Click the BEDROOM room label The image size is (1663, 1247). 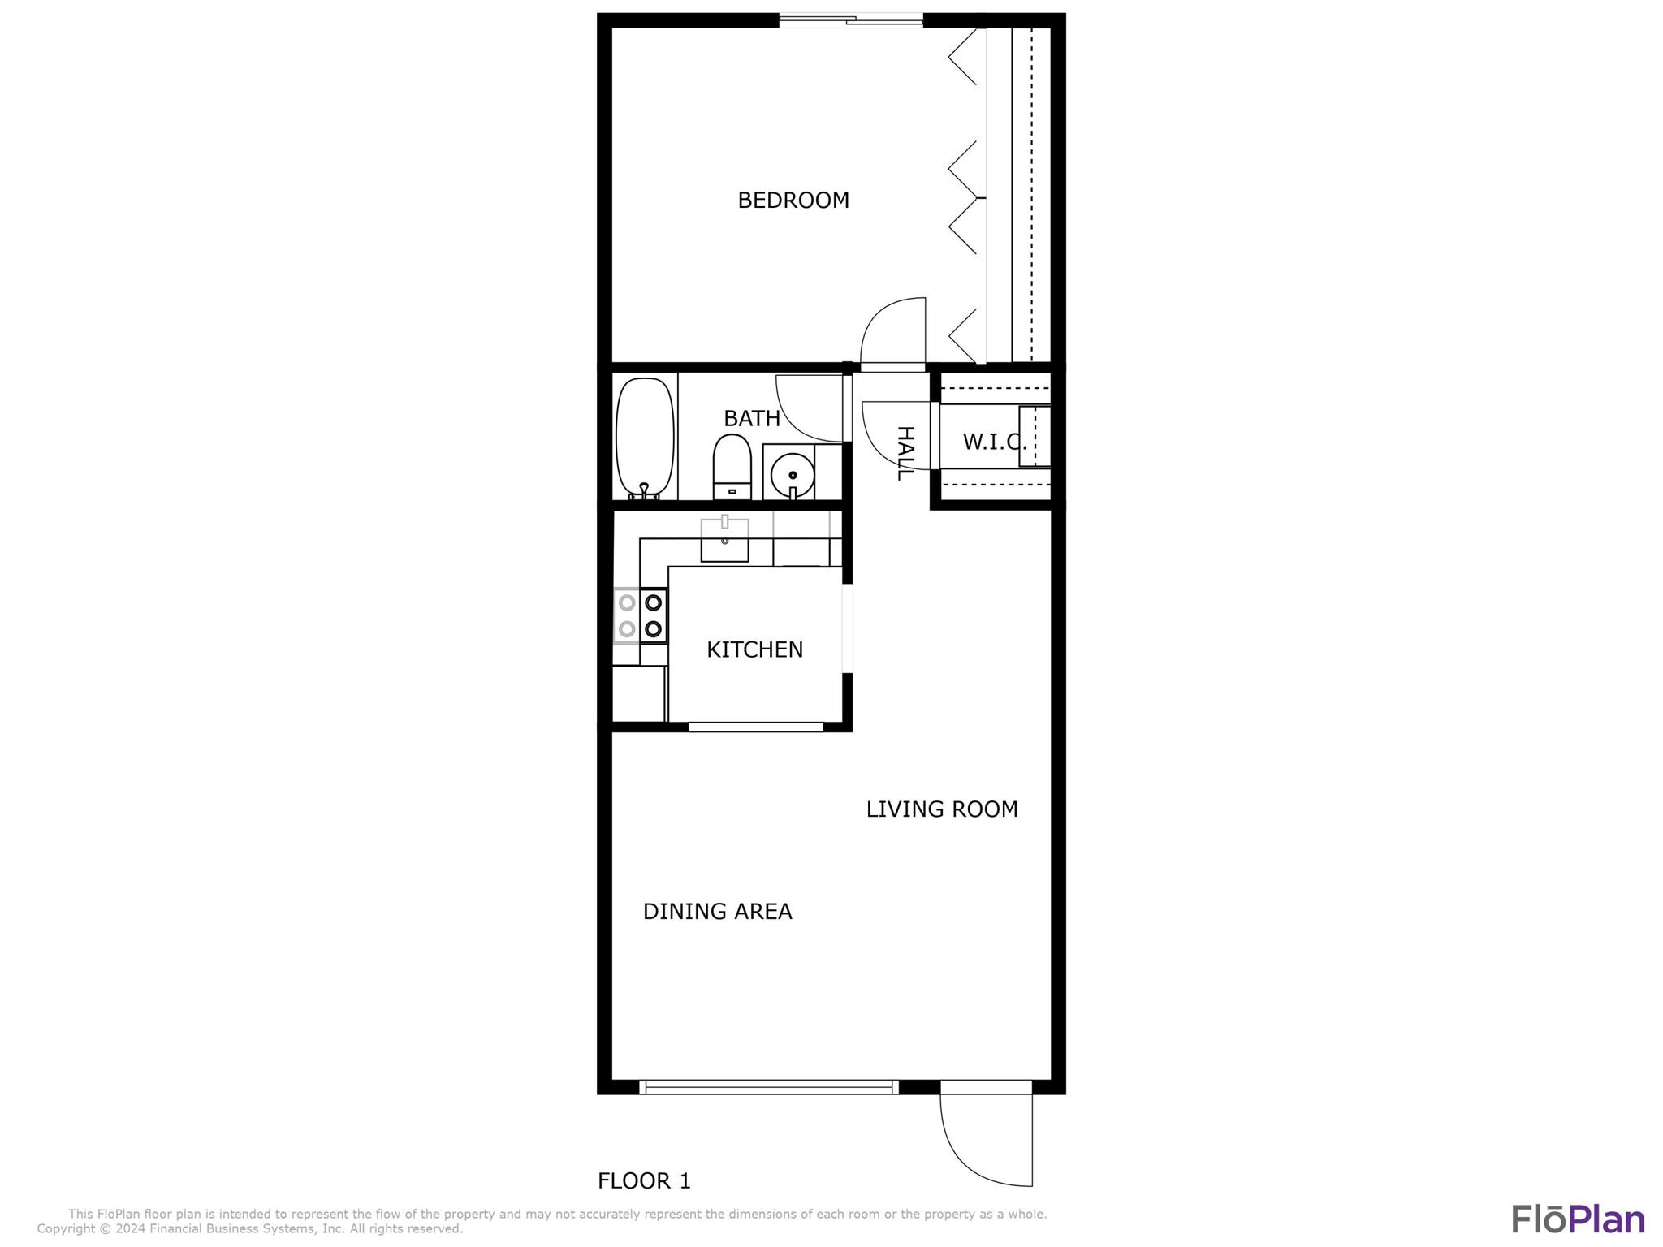793,201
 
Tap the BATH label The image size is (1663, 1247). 752,418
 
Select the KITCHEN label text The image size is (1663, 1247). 754,649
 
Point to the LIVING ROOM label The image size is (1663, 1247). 942,809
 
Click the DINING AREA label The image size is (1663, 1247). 717,912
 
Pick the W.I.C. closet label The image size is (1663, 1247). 995,442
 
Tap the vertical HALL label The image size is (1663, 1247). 905,453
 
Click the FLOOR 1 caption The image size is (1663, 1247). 644,1181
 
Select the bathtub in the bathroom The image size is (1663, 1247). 646,438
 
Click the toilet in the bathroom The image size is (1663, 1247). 732,468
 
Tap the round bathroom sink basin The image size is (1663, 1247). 792,474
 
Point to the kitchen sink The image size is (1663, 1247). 724,537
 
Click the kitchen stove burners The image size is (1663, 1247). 641,615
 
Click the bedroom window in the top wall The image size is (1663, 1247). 851,20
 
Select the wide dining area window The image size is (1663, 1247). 769,1087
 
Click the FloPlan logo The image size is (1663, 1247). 1579,1219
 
